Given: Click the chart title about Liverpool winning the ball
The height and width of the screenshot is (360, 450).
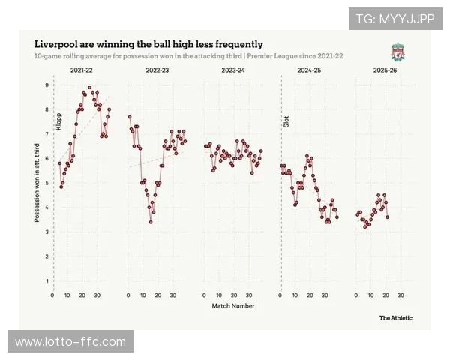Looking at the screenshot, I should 148,44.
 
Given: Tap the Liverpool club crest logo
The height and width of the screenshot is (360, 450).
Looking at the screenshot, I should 397,52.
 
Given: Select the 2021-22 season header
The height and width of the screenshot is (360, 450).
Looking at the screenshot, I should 81,70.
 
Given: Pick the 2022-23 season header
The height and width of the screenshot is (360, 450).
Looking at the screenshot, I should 157,70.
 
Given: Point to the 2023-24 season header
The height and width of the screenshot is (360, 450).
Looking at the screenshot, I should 233,70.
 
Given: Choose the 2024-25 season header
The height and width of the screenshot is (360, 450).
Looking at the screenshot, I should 309,70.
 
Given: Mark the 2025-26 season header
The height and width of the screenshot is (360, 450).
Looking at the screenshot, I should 385,70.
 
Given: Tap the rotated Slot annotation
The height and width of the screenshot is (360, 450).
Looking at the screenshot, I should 286,120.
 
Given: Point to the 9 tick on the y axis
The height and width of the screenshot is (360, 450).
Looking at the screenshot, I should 46,85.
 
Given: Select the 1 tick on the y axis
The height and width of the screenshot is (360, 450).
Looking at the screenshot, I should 46,281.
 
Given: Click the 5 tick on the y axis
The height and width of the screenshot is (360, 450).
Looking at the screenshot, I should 46,183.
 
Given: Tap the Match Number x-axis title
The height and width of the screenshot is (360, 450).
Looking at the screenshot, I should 232,306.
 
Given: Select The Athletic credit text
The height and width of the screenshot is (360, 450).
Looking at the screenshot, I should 395,317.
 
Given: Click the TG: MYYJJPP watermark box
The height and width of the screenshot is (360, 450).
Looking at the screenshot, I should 395,18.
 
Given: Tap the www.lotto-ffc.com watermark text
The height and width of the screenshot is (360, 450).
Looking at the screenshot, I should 71,342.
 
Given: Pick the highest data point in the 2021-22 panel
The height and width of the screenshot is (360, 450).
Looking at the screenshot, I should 90,88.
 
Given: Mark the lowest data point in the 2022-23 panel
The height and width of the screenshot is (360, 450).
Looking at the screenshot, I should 151,222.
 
